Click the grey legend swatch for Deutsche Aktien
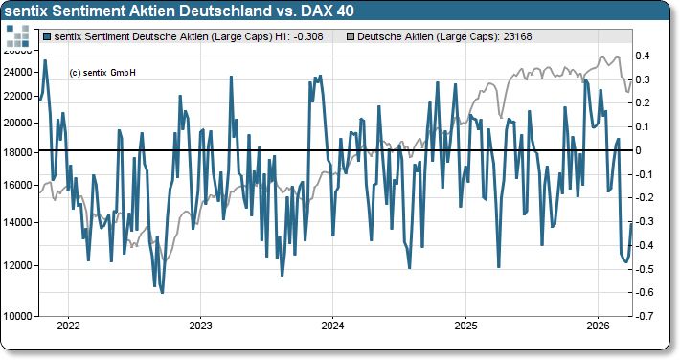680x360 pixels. [x=349, y=36]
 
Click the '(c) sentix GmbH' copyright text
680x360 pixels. [x=103, y=73]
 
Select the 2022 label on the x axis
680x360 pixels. [x=68, y=326]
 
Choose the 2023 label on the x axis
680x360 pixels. [x=200, y=326]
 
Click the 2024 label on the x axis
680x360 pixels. [x=332, y=326]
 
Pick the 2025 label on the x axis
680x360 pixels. [x=465, y=326]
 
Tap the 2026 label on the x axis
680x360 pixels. [x=597, y=326]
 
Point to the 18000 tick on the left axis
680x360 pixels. [x=19, y=151]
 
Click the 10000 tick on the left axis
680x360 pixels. [x=19, y=316]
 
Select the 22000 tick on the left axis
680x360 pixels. [x=19, y=96]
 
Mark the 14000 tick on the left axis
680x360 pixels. [x=19, y=223]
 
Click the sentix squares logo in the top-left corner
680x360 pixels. [x=17, y=37]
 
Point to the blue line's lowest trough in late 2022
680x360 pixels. [x=161, y=292]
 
